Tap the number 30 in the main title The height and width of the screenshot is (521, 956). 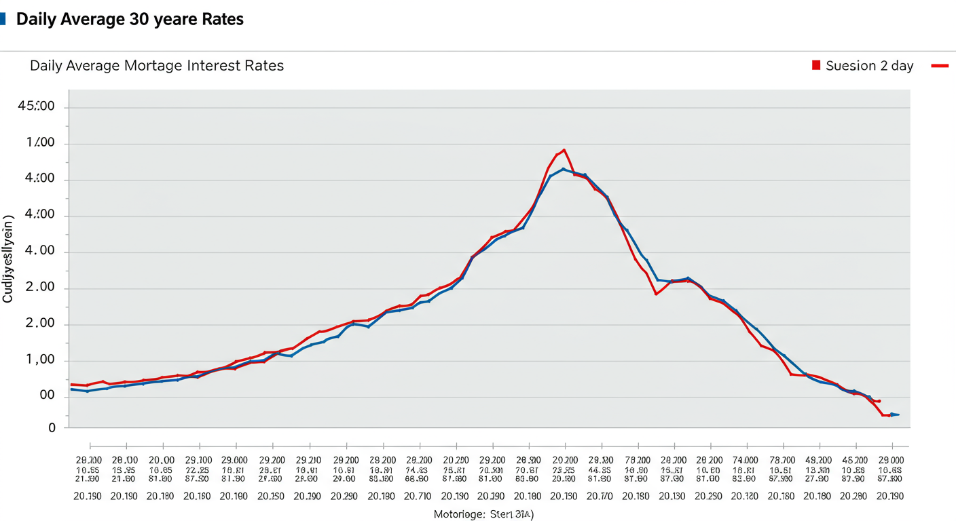pos(136,20)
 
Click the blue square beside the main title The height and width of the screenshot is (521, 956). pos(3,19)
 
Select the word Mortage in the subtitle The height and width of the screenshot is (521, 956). pos(157,66)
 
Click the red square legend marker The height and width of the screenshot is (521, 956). pos(816,65)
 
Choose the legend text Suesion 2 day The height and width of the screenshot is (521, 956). pos(869,66)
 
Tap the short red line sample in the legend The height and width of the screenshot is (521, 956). pos(940,66)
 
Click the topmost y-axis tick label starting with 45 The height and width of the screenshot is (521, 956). pos(39,107)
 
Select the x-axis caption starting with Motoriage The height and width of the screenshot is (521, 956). pos(484,514)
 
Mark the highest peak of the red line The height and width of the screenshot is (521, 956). pos(564,150)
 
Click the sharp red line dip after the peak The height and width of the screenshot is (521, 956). pos(656,294)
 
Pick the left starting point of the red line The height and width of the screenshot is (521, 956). pos(71,385)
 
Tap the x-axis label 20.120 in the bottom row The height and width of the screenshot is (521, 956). pos(746,497)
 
